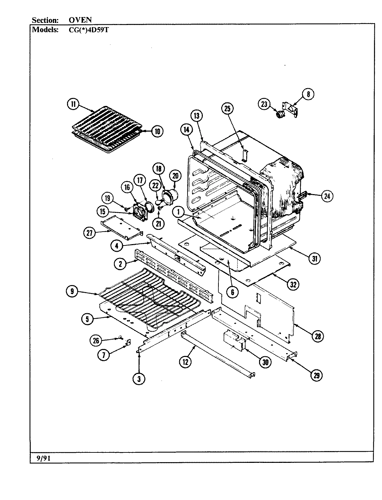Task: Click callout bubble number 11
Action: (73, 105)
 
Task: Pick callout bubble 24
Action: (326, 196)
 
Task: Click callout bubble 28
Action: (318, 336)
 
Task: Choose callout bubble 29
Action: (316, 375)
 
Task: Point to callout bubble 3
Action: (139, 379)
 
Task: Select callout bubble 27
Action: (90, 233)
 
